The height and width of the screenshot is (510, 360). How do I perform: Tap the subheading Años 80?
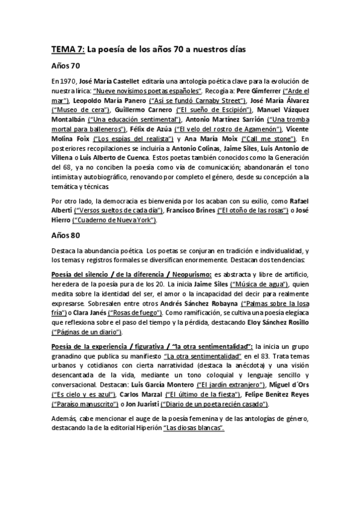[x=67, y=236]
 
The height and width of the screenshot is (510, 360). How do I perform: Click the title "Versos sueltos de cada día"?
[x=118, y=211]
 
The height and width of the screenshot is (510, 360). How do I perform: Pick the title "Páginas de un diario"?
[x=87, y=333]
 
